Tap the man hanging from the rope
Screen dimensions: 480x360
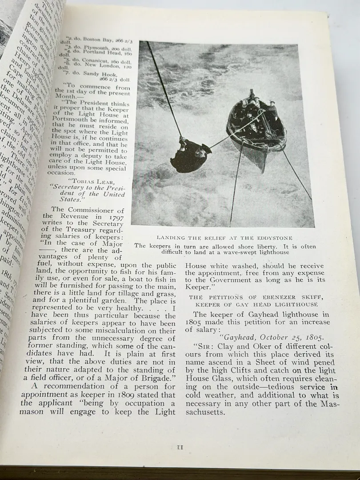coord(191,155)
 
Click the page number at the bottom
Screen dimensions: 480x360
coord(180,448)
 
